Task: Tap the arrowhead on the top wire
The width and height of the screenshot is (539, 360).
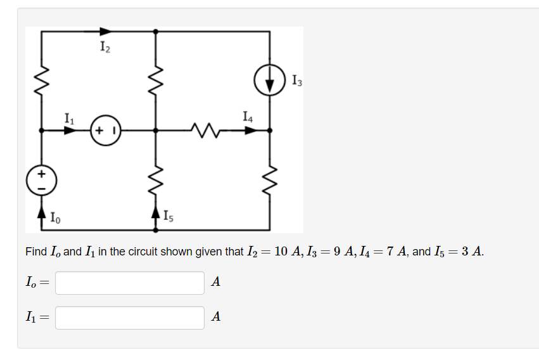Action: tap(105, 30)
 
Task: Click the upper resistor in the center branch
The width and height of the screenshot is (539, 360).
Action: tap(156, 80)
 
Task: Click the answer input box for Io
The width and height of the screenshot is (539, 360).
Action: tap(130, 283)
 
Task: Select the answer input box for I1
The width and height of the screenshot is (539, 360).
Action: tap(130, 318)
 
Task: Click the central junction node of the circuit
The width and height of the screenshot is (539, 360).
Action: tap(156, 131)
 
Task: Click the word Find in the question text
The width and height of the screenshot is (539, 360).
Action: tap(35, 252)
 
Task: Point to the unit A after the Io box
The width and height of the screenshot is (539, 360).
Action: tap(215, 283)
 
